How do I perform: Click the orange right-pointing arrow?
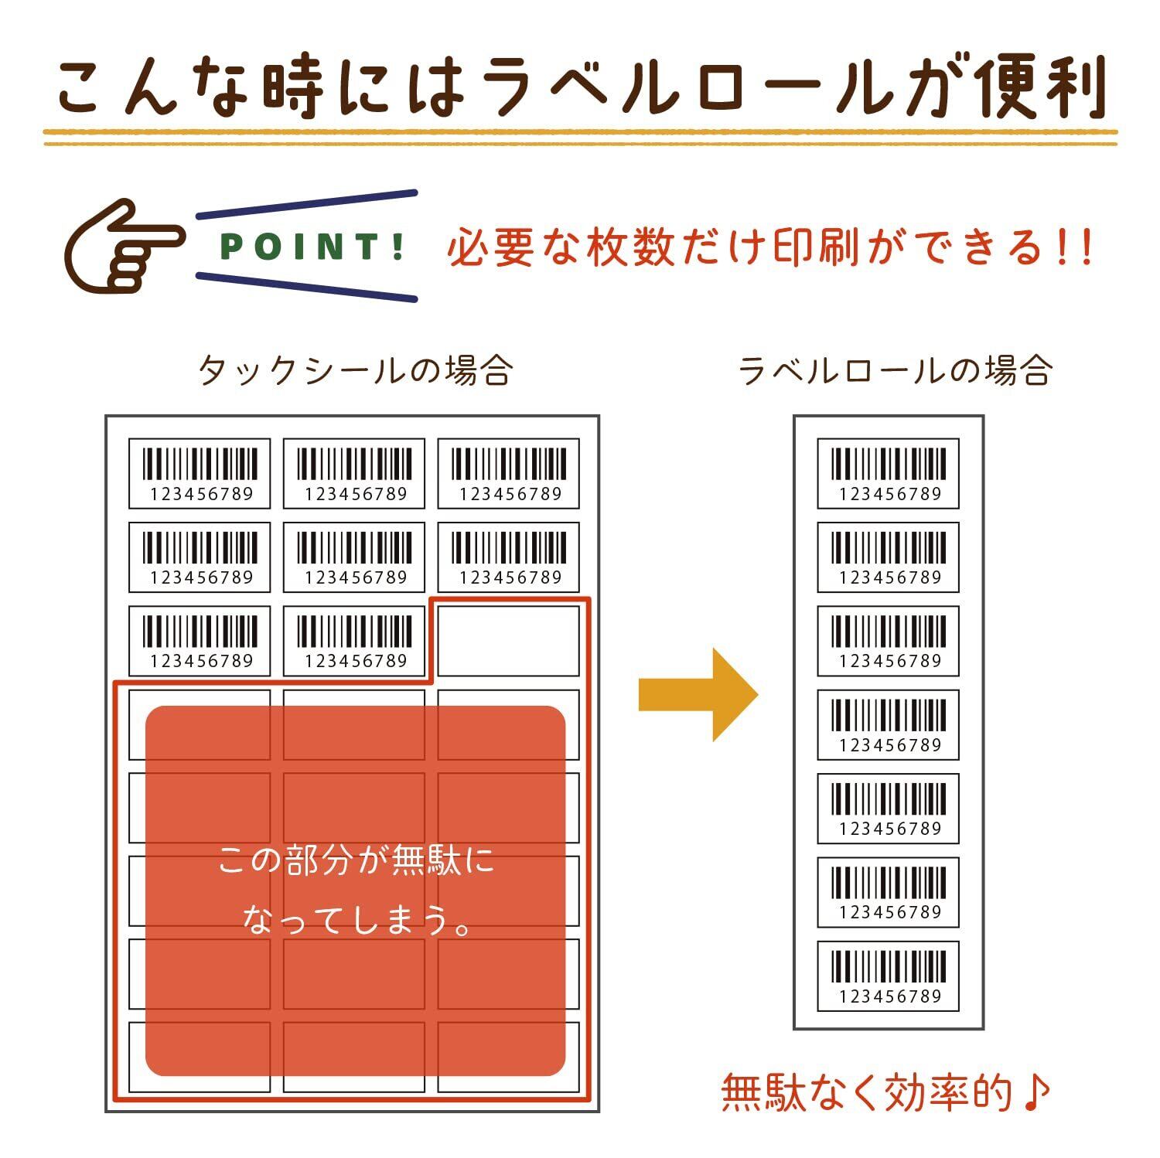coord(697,695)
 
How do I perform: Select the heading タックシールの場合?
coord(356,371)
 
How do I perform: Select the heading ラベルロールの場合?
coord(895,371)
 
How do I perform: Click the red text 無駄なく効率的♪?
coord(885,1092)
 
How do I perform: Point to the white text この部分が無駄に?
coord(356,860)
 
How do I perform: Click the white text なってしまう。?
coord(356,920)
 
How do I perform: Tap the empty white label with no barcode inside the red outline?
coord(508,641)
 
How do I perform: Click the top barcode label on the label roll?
coord(888,473)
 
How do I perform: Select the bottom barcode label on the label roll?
coord(888,976)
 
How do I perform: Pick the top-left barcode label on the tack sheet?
coord(200,473)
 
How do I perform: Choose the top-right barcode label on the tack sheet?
coord(508,473)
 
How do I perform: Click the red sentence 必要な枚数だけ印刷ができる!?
coord(769,247)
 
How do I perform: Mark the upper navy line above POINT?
coord(306,204)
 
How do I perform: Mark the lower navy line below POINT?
coord(306,287)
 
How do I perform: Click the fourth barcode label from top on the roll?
coord(888,724)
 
